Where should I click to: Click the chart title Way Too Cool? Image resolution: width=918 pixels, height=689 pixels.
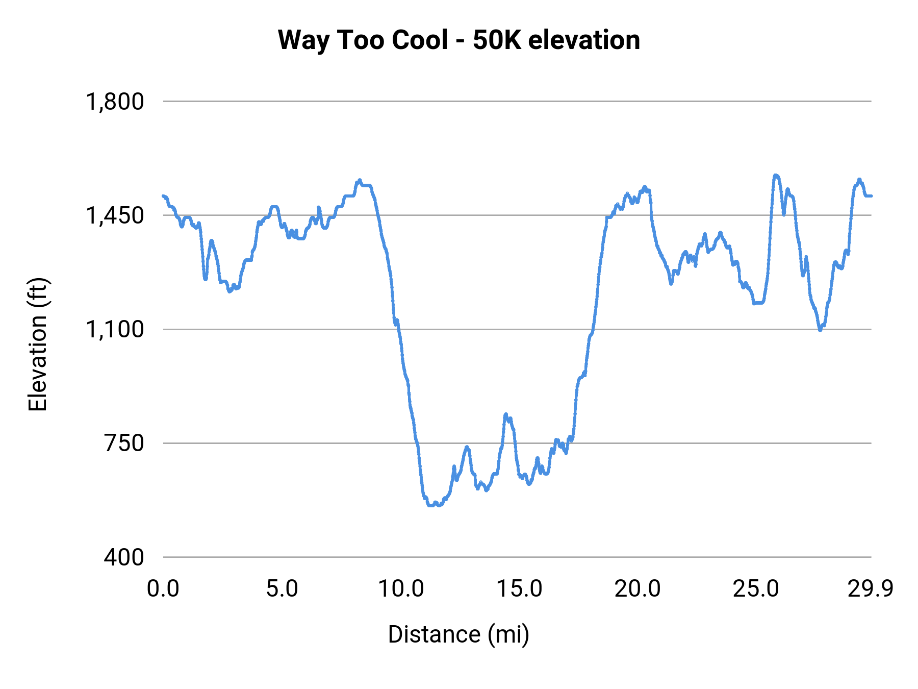tap(458, 40)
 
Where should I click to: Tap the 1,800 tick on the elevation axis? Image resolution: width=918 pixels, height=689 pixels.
tap(115, 102)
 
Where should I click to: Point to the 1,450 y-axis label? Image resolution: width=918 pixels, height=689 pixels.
tap(115, 215)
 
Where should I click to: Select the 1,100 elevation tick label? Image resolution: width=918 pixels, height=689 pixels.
tap(115, 329)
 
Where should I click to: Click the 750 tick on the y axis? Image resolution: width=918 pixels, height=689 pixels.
tap(124, 443)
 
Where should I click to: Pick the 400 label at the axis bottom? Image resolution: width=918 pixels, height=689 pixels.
tap(124, 557)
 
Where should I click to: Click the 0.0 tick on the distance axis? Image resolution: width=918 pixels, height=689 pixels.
tap(163, 589)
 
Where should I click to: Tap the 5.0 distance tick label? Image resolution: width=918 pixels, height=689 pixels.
tap(282, 589)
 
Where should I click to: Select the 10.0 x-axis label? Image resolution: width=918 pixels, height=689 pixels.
tap(400, 589)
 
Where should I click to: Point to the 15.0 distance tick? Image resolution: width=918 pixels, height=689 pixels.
tap(519, 589)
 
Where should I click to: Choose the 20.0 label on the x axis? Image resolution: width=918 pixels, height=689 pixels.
tap(637, 589)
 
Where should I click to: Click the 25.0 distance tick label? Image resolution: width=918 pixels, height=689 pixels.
tap(756, 589)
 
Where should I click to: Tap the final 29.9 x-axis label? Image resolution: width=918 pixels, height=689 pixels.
tap(870, 589)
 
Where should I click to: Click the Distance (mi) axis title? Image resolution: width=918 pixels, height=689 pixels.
tap(458, 634)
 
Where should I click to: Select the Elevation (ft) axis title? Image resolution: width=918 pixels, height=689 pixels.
tap(38, 344)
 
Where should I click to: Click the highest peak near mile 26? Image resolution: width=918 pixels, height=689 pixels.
tap(776, 175)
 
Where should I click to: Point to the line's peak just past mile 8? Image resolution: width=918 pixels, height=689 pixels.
tap(360, 180)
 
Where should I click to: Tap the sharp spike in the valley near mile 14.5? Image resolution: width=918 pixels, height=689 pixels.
tap(505, 414)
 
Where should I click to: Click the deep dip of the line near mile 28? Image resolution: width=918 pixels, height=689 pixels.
tap(820, 330)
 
